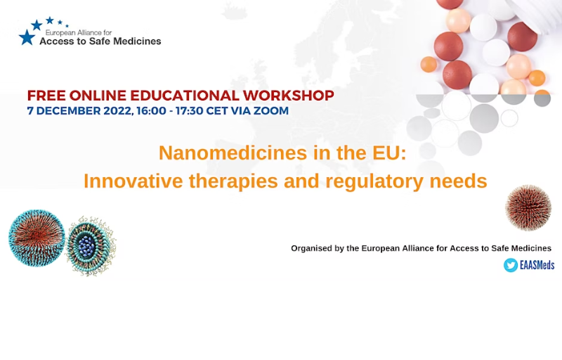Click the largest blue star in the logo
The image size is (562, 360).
coord(27,37)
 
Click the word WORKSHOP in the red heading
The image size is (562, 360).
coord(289,96)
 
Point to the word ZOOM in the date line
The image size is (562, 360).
coord(271,111)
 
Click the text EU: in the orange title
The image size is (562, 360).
coord(389,153)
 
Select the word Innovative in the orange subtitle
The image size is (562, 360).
coord(133,181)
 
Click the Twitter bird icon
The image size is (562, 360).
coord(511,265)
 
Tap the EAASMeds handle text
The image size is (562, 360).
coord(537,265)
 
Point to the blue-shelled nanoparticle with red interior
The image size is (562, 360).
coord(37,238)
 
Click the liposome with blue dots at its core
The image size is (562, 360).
coord(91,246)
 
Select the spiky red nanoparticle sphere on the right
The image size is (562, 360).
coord(528,207)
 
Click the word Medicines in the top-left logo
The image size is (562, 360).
coord(137,41)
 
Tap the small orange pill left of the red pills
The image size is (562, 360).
coord(429,65)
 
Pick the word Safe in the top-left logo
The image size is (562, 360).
coord(99,41)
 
